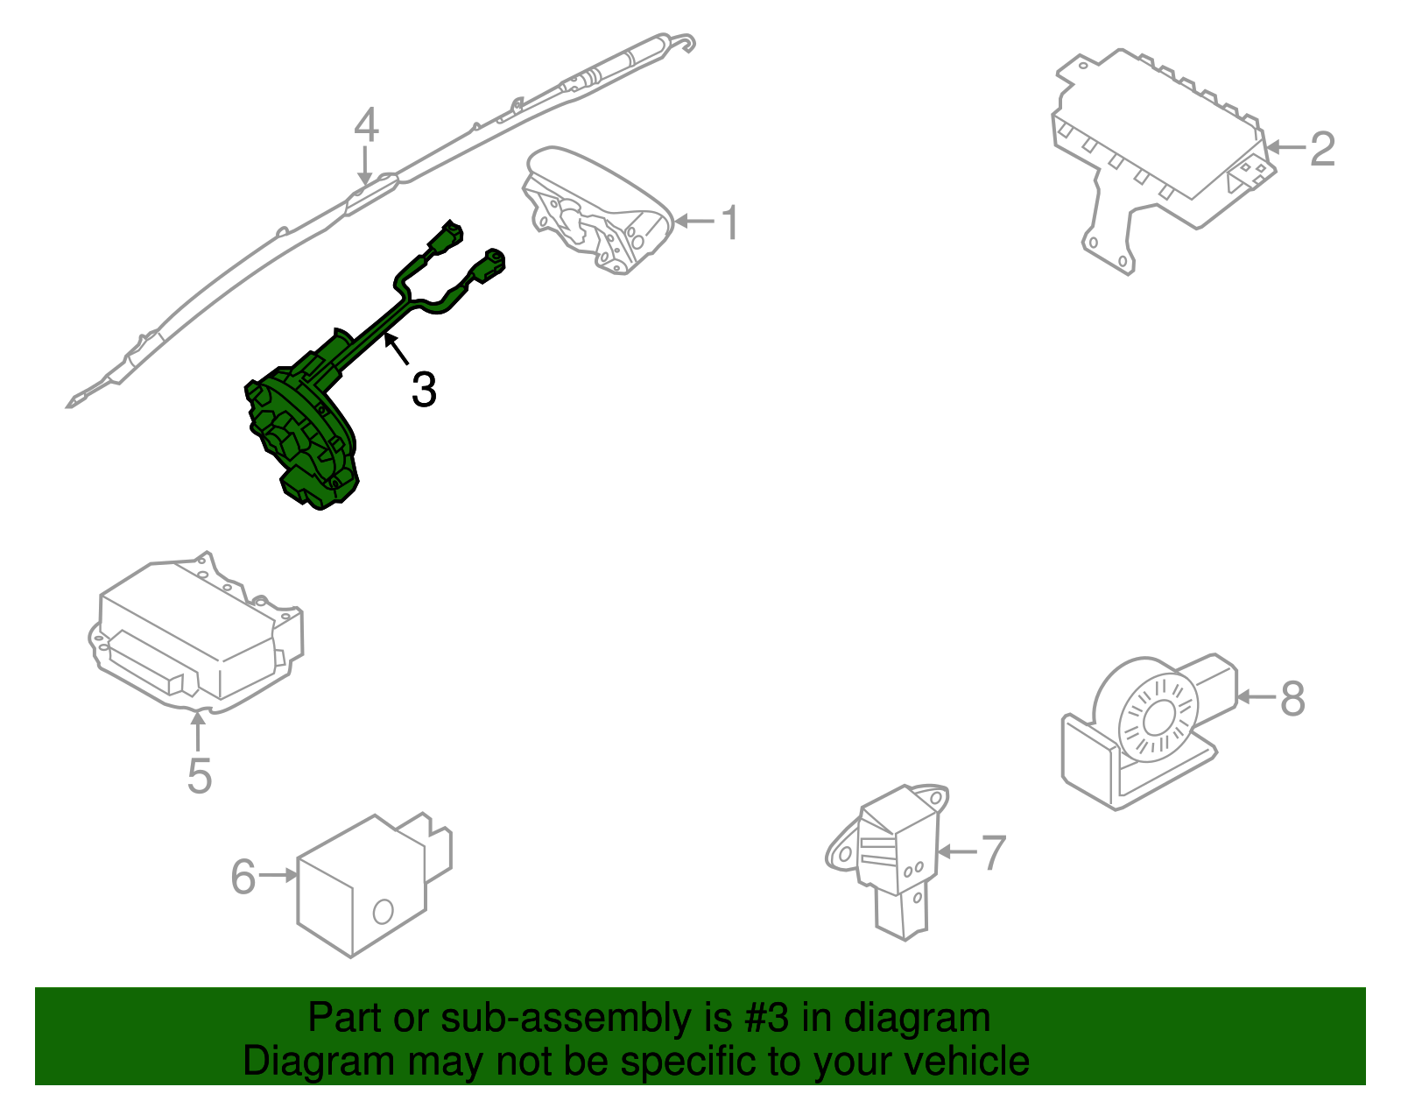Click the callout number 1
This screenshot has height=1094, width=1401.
pos(730,222)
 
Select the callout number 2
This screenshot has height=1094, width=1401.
pos(1322,149)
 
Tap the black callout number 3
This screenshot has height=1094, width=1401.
pos(424,389)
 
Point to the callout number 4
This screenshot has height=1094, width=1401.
pos(366,125)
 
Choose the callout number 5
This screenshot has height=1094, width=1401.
pos(200,776)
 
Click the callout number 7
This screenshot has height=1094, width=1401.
pos(994,852)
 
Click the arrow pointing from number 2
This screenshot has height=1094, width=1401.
pos(1286,148)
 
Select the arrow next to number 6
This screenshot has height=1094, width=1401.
pos(278,875)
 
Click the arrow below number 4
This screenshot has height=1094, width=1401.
pos(365,166)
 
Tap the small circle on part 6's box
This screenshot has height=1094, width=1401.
pos(383,912)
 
